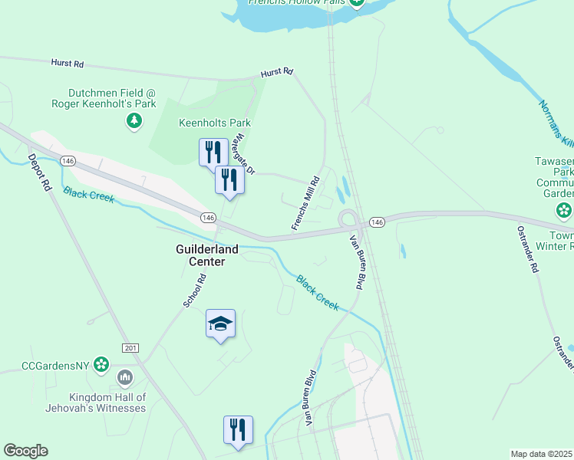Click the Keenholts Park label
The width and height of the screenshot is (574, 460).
click(x=214, y=123)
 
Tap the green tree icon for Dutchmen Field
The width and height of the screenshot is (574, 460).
click(x=134, y=120)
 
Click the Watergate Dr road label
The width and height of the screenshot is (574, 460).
click(x=244, y=153)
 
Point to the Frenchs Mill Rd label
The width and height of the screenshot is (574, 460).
click(x=305, y=205)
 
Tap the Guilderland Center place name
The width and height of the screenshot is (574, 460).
click(x=207, y=255)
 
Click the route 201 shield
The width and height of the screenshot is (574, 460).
click(x=130, y=348)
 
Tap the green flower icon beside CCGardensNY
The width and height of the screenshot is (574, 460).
click(x=101, y=366)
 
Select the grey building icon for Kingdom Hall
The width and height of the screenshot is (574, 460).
click(x=124, y=378)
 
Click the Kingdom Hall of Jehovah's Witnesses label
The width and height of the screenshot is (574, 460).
click(x=107, y=402)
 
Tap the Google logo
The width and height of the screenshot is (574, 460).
click(x=25, y=451)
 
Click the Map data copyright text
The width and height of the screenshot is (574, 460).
click(x=542, y=454)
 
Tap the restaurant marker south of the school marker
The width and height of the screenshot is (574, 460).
click(x=238, y=429)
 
